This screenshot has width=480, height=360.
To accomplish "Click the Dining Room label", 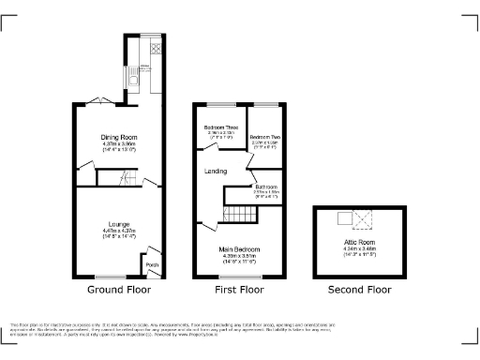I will pyautogui.click(x=119, y=137).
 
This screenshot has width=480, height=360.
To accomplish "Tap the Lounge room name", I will pyautogui.click(x=118, y=224).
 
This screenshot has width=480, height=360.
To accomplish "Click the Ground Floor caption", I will pyautogui.click(x=119, y=291).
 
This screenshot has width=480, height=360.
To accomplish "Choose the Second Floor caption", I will pyautogui.click(x=354, y=291).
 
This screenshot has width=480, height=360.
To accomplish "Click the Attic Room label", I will pyautogui.click(x=353, y=242).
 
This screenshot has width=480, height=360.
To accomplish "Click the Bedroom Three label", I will pyautogui.click(x=222, y=127).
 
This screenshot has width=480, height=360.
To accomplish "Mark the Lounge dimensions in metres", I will pyautogui.click(x=118, y=231).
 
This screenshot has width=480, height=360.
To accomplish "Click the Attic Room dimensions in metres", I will pyautogui.click(x=353, y=248).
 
